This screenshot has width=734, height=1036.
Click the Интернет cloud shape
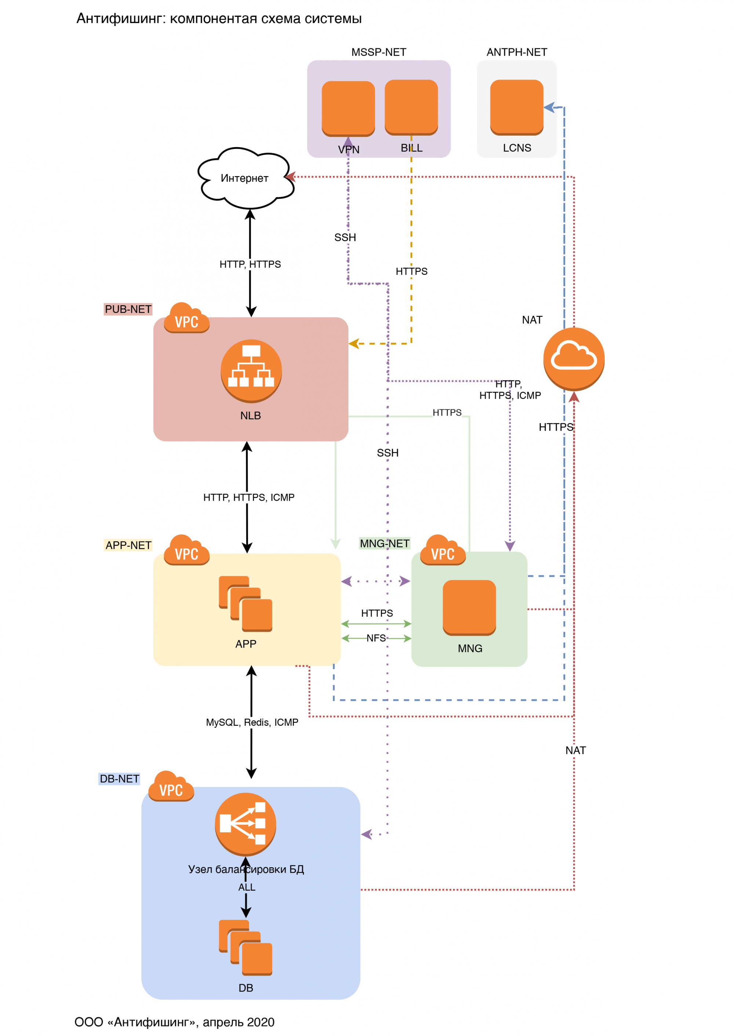pos(246,178)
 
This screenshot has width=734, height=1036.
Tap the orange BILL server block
pos(411,107)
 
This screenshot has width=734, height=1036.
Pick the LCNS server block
pos(517,107)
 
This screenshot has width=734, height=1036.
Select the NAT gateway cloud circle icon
pos(574,359)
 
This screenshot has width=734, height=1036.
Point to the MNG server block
pos(469,607)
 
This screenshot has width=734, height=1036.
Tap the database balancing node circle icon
pos(246,824)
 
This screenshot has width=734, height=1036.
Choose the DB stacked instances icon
pos(246,948)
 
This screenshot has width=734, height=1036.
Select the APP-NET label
pos(128,546)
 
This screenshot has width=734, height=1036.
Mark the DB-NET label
pos(119,779)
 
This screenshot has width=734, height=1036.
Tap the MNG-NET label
pos(385,544)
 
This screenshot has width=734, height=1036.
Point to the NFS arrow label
pos(376,638)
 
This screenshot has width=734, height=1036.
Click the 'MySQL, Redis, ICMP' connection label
pos(252,722)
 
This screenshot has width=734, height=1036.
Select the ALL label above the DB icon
pos(247,887)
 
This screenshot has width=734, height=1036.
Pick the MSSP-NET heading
pos(379,52)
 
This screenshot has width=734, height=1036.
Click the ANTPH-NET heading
pos(517,52)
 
